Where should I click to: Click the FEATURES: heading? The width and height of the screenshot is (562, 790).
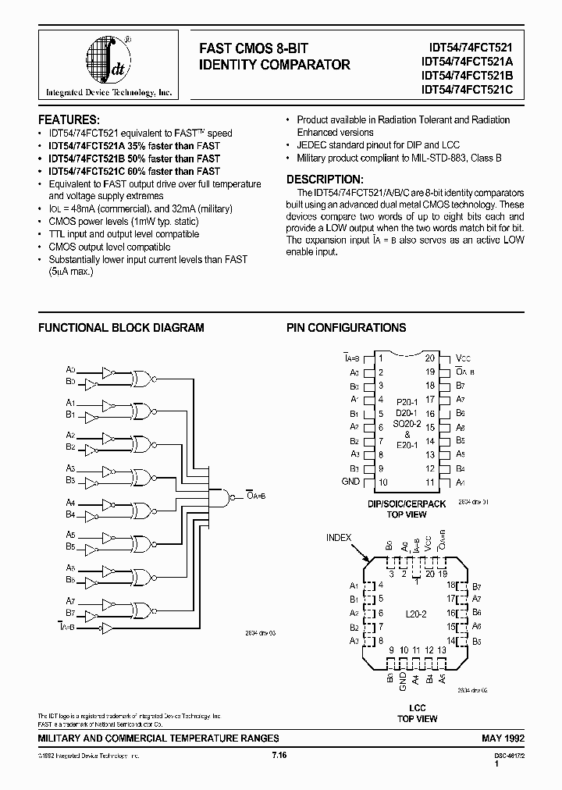point(69,119)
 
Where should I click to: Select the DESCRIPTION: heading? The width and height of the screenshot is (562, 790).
point(325,179)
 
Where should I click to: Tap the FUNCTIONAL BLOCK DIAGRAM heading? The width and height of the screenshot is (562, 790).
point(121,328)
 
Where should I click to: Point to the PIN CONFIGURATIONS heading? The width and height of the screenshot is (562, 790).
point(346,328)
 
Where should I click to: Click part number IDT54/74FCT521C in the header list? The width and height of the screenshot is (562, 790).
point(466,89)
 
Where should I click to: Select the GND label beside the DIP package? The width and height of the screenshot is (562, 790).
point(351,482)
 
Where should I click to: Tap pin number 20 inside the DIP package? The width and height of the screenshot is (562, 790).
point(430,358)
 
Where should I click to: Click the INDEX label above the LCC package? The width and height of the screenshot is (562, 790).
point(339,537)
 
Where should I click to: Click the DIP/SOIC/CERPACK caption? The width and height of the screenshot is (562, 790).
point(407,504)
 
